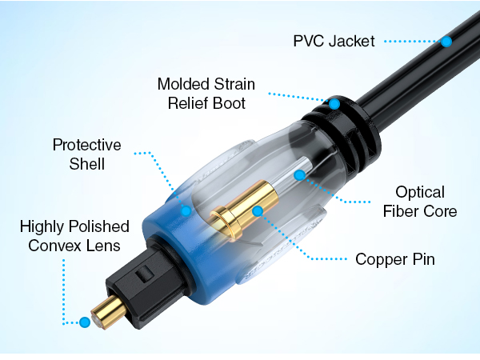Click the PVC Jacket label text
click(334, 41)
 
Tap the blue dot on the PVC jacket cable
click(446, 42)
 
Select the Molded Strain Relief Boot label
click(206, 94)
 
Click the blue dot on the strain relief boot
click(334, 104)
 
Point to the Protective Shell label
click(87, 154)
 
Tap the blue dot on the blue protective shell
click(186, 211)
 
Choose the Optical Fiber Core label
click(420, 202)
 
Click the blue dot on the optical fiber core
click(300, 175)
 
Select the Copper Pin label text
click(395, 259)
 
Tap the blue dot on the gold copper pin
click(258, 211)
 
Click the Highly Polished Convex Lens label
click(74, 236)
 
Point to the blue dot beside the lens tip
click(85, 322)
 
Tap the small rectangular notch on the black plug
click(144, 274)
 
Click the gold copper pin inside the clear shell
click(245, 209)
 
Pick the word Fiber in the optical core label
click(399, 211)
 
